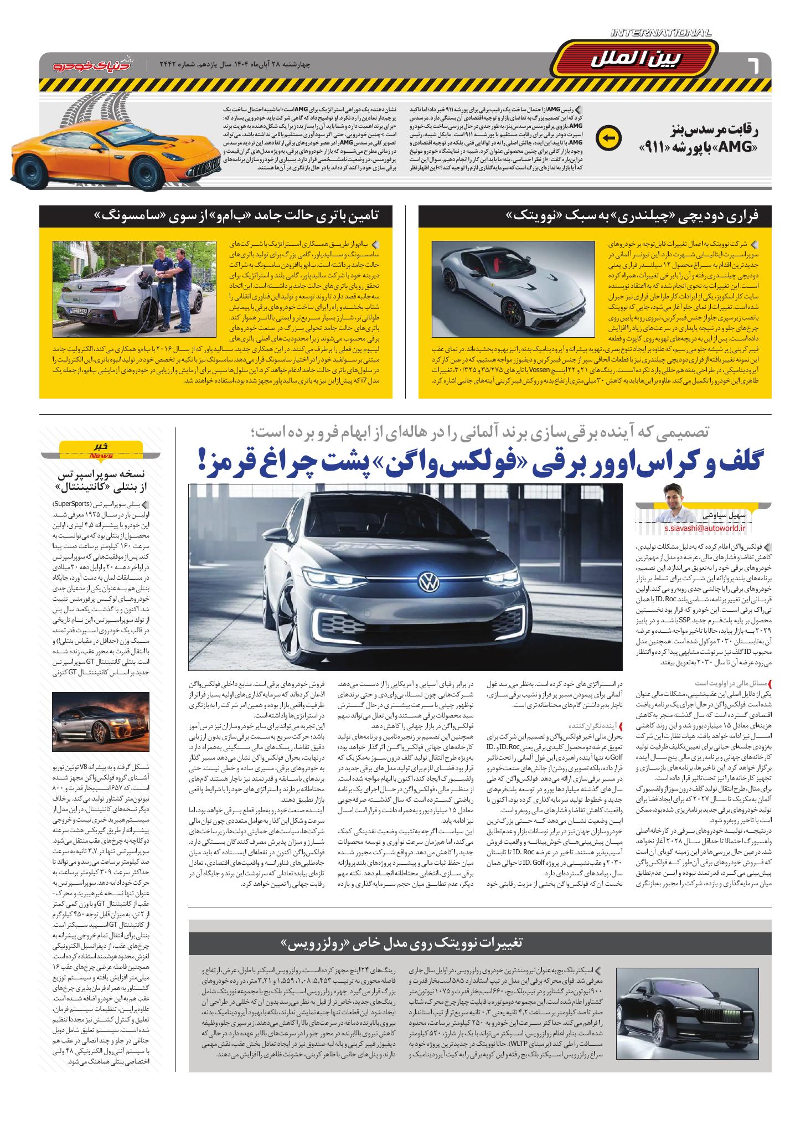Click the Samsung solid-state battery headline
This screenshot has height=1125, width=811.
pos(216,215)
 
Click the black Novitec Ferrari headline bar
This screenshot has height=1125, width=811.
pos(596,215)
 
